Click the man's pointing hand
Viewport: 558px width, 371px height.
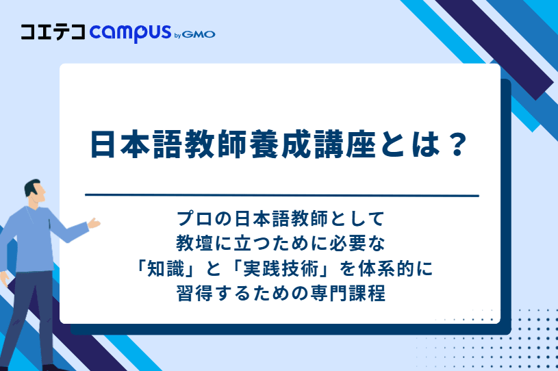pyautogui.click(x=93, y=223)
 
